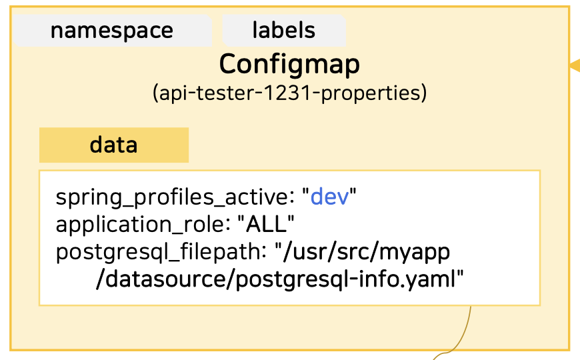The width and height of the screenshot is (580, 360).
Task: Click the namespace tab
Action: [113, 31]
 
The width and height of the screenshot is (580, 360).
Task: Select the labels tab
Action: [284, 31]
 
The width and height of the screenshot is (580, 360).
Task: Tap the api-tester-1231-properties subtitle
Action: [289, 93]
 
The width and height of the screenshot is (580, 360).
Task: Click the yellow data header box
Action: [114, 145]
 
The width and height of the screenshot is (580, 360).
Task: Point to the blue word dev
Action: [329, 197]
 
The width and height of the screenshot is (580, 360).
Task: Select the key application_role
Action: [140, 225]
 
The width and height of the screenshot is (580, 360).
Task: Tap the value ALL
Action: [266, 224]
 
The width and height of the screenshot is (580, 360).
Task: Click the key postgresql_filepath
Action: [158, 252]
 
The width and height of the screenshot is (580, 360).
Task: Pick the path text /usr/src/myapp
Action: [366, 252]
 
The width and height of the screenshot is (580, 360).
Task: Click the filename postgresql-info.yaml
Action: [345, 279]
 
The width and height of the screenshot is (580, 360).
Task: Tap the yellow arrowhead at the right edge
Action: [575, 65]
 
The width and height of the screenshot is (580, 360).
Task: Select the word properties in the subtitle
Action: [370, 93]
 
